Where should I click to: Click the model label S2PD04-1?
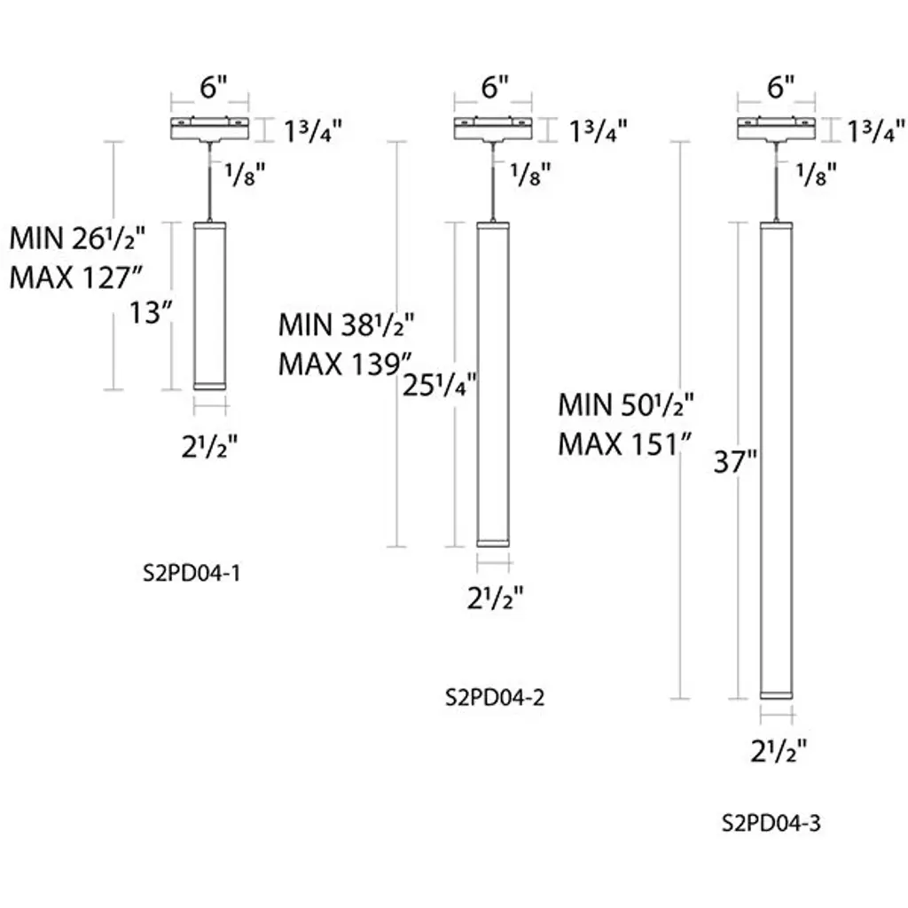[192, 574]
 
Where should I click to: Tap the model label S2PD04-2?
[494, 697]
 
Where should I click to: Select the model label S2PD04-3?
[771, 823]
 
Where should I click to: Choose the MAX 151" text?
[624, 443]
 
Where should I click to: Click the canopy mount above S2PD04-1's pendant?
[210, 129]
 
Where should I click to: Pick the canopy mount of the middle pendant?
[493, 129]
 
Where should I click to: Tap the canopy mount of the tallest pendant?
[778, 129]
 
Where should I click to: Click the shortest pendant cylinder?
[210, 304]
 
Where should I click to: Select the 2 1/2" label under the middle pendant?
[494, 599]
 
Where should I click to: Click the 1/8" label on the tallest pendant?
[816, 176]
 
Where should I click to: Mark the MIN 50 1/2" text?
[625, 405]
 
